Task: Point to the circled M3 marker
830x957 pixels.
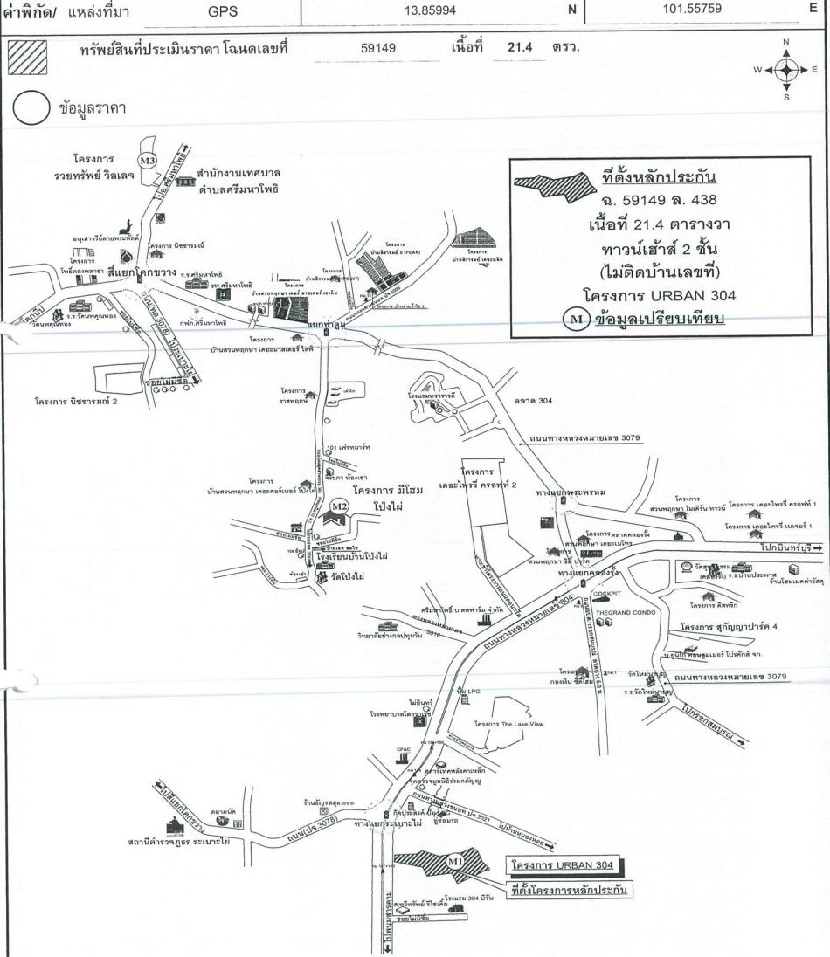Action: click(149, 161)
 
